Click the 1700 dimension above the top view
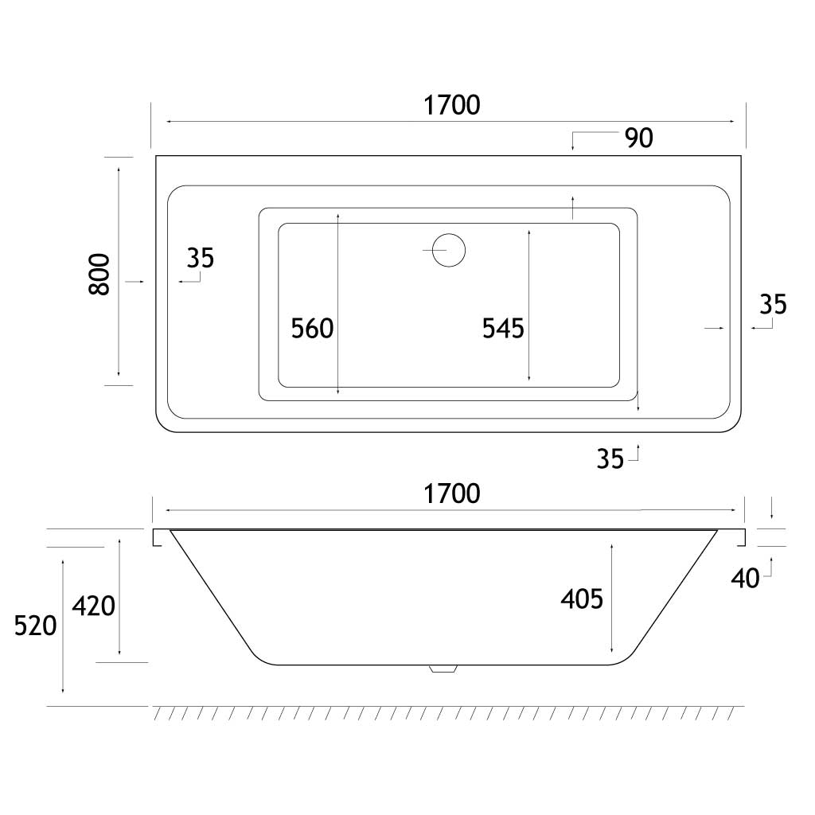point(451,105)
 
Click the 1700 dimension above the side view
point(451,494)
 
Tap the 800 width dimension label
point(99,275)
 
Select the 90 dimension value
point(638,138)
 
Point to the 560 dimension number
point(312,329)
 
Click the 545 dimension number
point(503,329)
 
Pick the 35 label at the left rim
point(201,258)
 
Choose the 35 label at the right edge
point(773,304)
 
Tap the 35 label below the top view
point(610,459)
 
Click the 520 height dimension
point(36,626)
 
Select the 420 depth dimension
point(94,607)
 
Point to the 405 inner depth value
point(582,599)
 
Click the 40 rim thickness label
point(745,579)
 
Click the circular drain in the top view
point(449,250)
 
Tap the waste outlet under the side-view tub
point(442,669)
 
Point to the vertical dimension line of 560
point(339,302)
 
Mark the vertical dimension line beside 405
point(610,597)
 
